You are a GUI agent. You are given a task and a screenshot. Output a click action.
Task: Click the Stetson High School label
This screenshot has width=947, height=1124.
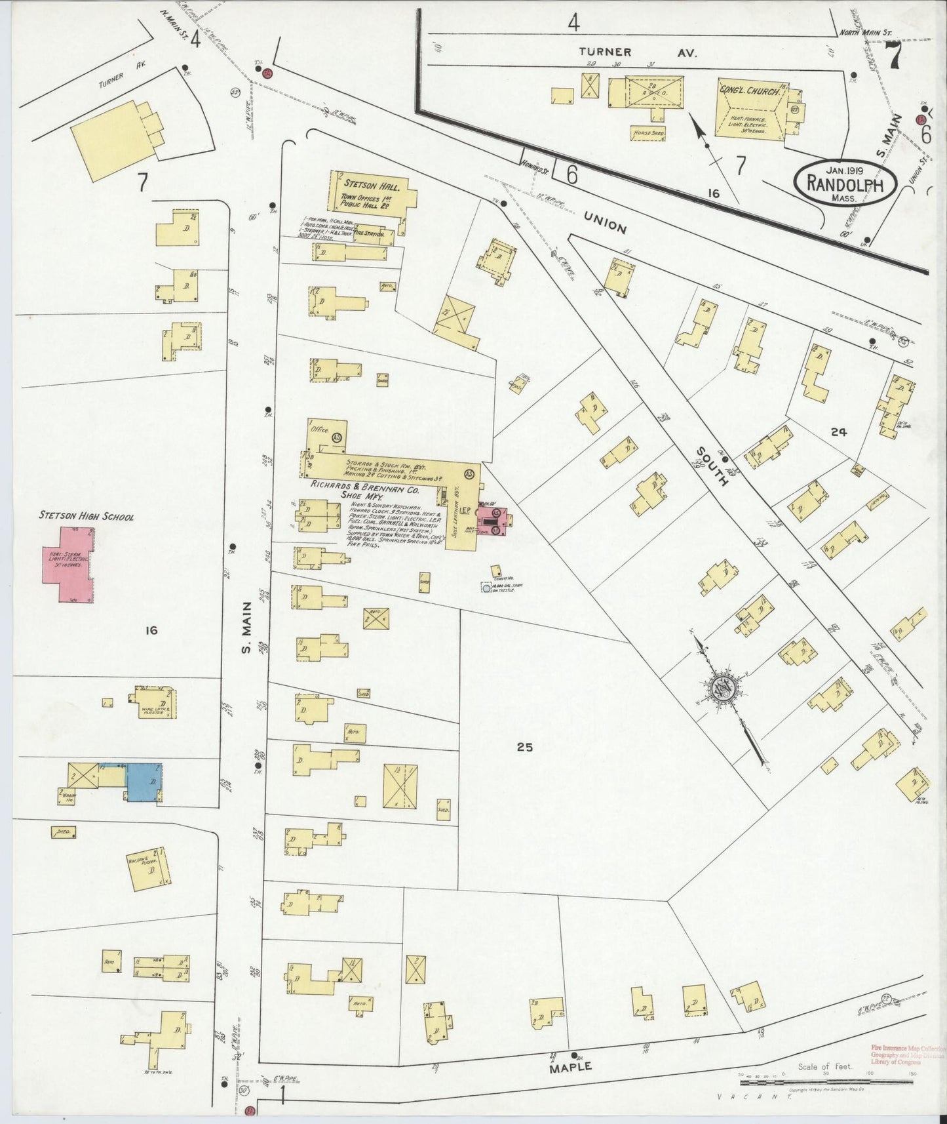(87, 517)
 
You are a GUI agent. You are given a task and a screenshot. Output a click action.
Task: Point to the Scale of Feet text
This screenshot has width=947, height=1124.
(824, 1067)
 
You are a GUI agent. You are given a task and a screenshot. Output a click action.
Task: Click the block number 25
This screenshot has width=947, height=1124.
(525, 746)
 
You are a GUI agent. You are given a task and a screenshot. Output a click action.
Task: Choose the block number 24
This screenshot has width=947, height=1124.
(838, 432)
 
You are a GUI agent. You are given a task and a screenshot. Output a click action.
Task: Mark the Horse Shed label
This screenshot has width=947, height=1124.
(647, 133)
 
